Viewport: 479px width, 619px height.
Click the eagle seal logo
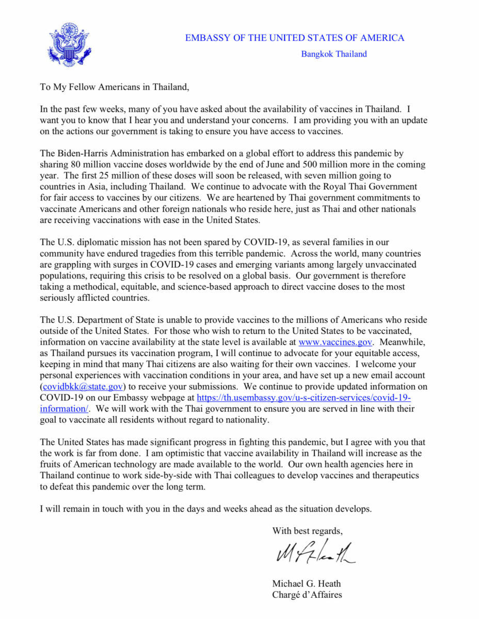point(69,45)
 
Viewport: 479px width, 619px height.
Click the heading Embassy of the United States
point(294,38)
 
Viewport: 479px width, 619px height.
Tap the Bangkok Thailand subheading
point(334,54)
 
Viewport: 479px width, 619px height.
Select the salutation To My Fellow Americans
point(115,87)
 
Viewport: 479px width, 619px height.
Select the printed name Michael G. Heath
point(307,584)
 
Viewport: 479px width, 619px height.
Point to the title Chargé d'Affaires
point(307,595)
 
